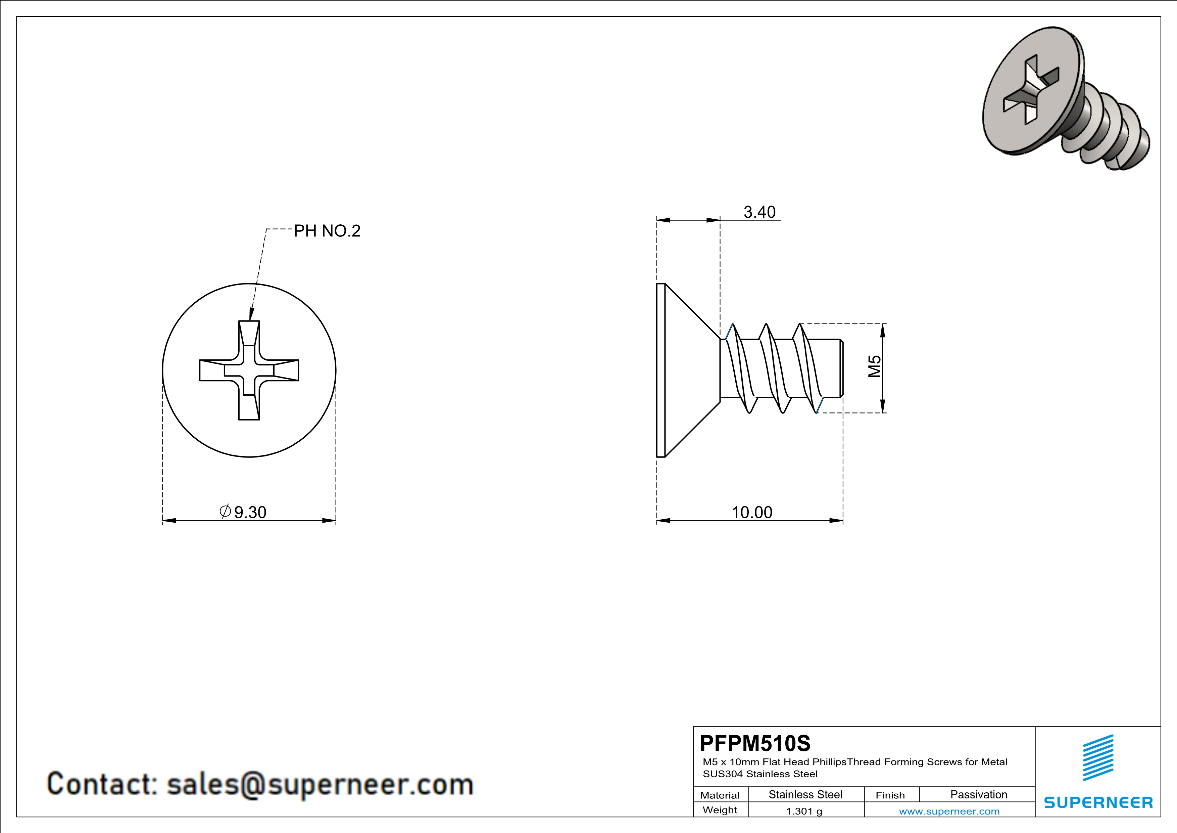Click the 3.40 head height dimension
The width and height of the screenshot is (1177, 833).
tap(759, 212)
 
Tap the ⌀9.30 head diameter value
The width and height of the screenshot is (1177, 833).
tap(244, 512)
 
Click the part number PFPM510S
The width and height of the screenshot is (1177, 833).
tap(754, 743)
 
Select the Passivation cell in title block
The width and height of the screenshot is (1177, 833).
tap(978, 794)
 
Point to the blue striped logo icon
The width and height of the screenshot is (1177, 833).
tap(1098, 758)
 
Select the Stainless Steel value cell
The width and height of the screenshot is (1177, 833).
tap(805, 794)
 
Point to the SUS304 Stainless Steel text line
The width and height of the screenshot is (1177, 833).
tap(760, 774)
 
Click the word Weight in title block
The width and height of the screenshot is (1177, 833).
tap(720, 810)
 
